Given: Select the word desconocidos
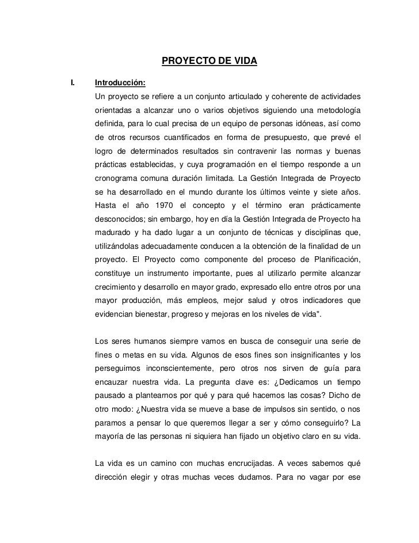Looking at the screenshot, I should (119, 219).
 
